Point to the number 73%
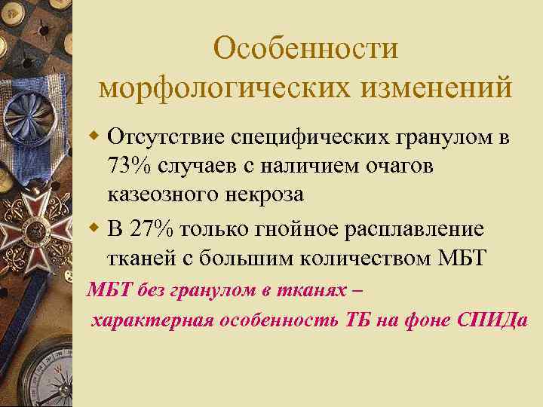click(130, 167)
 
